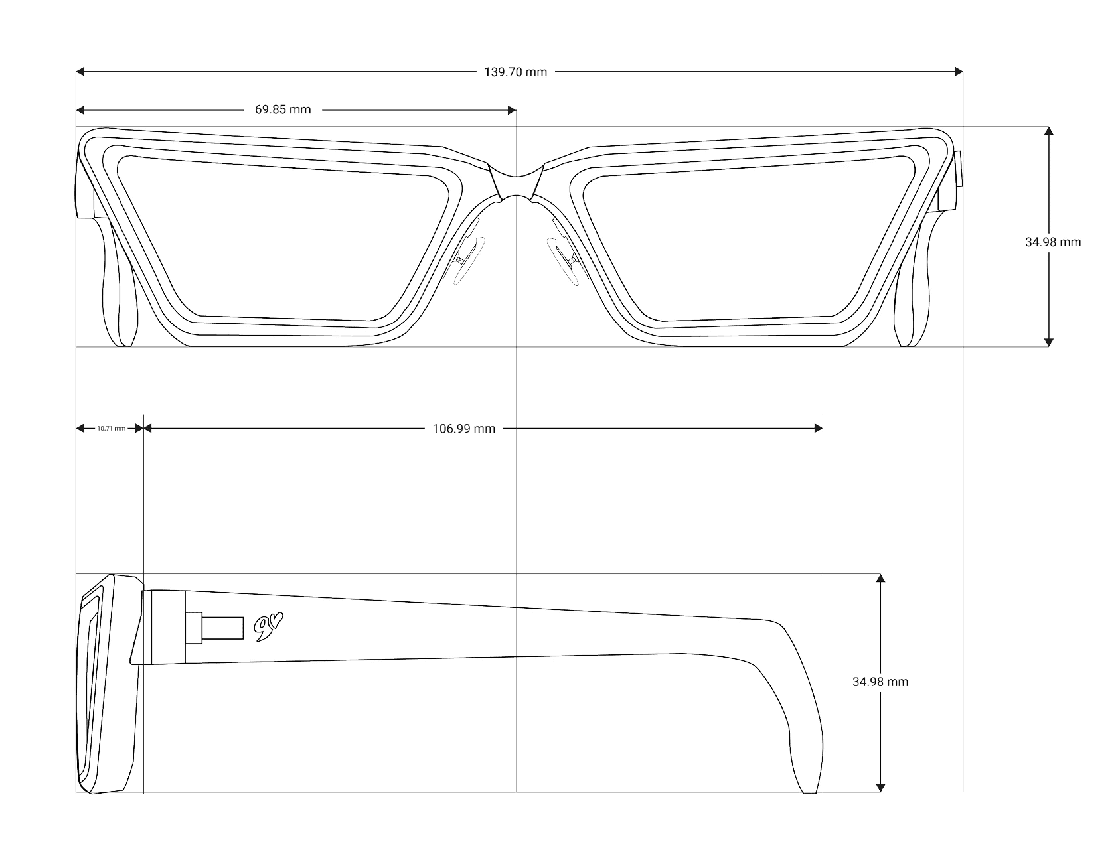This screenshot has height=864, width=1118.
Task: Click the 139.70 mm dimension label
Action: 515,72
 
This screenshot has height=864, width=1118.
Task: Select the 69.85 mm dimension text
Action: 283,109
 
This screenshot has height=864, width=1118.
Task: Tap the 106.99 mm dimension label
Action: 463,429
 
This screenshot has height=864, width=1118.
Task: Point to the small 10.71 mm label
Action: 111,429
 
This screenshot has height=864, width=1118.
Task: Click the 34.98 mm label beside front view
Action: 1053,242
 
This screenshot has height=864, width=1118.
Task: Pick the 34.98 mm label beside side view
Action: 880,682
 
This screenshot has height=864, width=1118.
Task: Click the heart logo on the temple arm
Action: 268,628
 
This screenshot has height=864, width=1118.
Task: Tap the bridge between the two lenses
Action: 517,180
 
